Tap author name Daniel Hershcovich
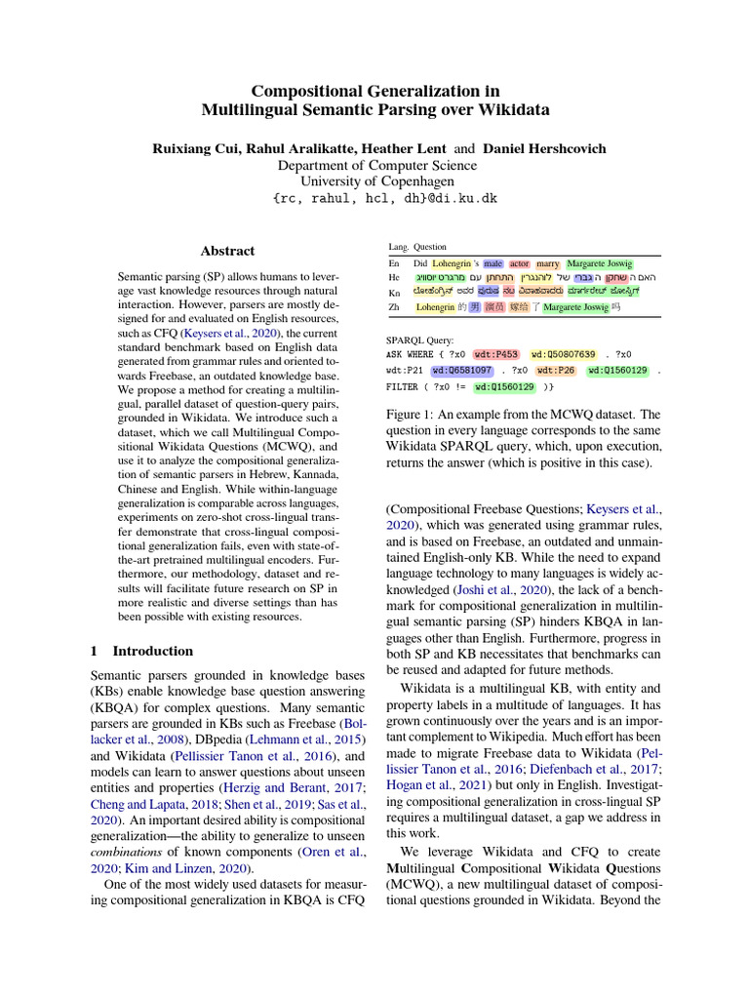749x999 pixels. coord(544,148)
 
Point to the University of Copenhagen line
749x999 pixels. coord(375,181)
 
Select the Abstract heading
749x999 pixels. coord(227,251)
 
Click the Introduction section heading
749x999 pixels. coord(153,651)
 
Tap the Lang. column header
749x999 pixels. coord(398,248)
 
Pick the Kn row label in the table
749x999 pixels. coord(394,292)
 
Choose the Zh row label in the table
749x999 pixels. coord(394,307)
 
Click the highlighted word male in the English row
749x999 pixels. coord(493,263)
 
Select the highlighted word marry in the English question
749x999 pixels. coord(547,263)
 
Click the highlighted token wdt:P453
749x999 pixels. coord(495,354)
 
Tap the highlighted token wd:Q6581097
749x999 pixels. coord(462,371)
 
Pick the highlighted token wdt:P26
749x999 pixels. coord(554,371)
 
